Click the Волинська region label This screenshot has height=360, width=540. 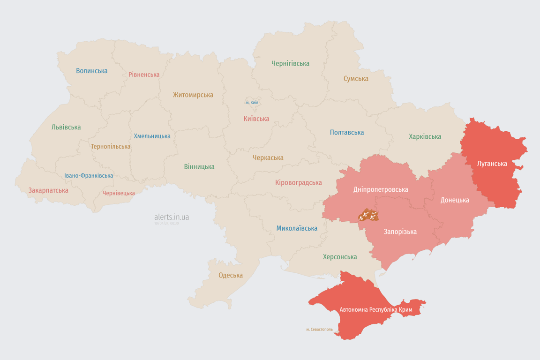(x=92, y=71)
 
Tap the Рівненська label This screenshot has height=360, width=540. (x=144, y=75)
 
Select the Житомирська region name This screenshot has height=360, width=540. (x=193, y=95)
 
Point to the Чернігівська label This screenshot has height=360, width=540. (x=290, y=63)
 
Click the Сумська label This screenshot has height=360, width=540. (x=356, y=79)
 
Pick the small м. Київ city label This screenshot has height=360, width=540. (x=252, y=102)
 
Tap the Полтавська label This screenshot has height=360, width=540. (x=347, y=132)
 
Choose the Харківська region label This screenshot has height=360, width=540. (x=425, y=136)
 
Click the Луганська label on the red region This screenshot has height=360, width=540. (x=492, y=164)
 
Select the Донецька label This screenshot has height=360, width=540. (x=455, y=200)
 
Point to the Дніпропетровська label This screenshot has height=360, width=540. (x=381, y=189)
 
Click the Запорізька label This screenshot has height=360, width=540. (x=400, y=232)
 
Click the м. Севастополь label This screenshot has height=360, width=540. (x=319, y=330)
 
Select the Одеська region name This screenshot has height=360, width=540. (x=231, y=275)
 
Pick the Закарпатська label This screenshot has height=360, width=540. (x=48, y=190)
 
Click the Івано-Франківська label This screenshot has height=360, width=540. (x=89, y=176)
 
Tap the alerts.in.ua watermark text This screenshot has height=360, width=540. (x=172, y=217)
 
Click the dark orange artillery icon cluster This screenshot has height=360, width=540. (x=368, y=216)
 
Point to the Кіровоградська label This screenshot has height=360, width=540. (x=299, y=182)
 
